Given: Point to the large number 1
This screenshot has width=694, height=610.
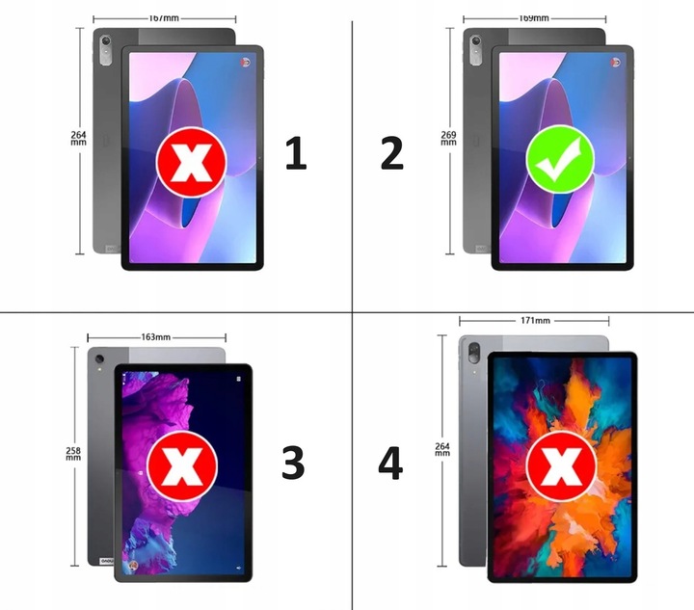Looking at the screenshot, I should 296,154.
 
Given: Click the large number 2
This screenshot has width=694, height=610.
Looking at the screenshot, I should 391,154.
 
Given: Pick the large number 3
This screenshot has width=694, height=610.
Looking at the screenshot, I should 292,464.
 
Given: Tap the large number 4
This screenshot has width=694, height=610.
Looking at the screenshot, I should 389,464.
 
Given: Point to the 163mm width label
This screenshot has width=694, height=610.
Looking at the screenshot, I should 156,337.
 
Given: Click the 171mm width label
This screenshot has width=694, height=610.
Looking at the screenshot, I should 534,321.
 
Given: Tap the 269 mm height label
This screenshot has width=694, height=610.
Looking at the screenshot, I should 447,138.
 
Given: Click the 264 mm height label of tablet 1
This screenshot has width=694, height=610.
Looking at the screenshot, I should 78,137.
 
